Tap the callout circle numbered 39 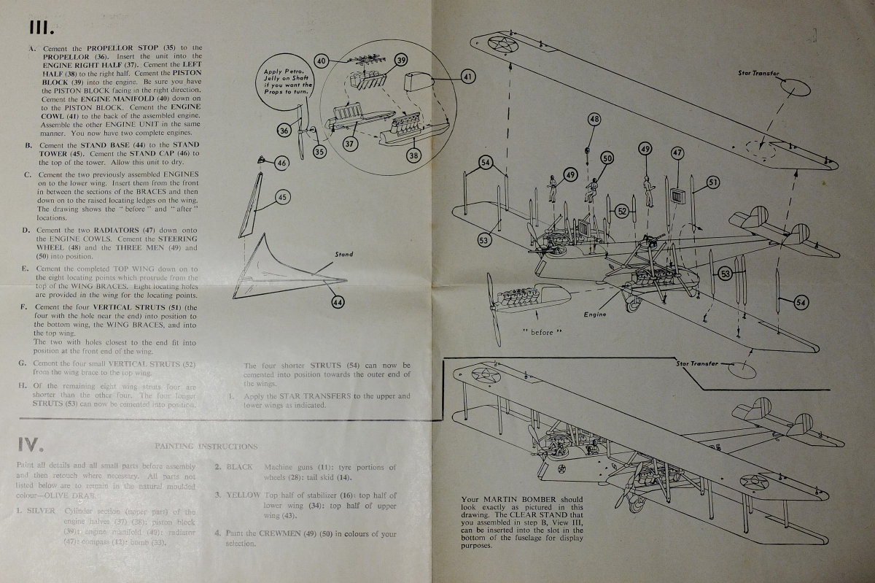pos(400,61)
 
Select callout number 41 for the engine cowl pos(468,75)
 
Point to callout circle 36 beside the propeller pos(284,130)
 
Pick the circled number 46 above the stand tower pos(281,164)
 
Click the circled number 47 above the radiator pos(677,153)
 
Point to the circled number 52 pos(622,210)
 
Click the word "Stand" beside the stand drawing pos(343,255)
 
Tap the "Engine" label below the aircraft pos(595,314)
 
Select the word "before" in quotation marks pos(542,332)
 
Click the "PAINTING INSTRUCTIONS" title pos(206,446)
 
